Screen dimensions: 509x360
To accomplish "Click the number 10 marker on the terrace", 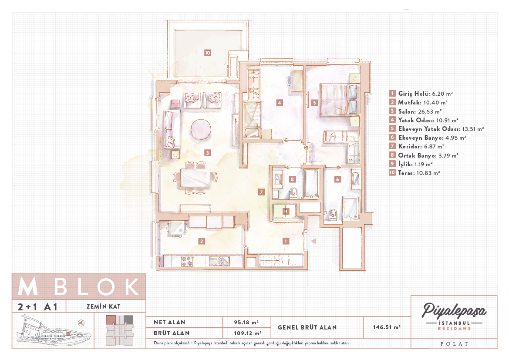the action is [207, 53].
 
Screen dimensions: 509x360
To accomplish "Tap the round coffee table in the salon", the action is [201, 129].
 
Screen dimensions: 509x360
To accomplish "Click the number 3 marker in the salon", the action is [207, 152].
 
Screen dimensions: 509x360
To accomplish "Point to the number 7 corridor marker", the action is [261, 192].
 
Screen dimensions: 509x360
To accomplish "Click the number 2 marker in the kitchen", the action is [202, 241].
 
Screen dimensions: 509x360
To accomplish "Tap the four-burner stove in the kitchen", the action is [187, 261].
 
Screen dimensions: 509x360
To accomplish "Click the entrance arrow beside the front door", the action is [313, 241].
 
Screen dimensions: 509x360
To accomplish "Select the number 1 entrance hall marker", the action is [286, 241].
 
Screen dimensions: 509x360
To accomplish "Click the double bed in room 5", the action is [339, 100].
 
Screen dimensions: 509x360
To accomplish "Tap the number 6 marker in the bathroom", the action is [337, 179].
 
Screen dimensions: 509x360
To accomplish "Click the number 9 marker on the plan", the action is [286, 212].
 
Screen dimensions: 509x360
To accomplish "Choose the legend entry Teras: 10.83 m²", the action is [419, 173].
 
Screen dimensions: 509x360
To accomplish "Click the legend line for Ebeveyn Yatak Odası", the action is [441, 129].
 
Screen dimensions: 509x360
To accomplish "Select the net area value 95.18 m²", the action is [246, 322].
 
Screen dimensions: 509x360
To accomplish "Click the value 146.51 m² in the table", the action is [386, 327].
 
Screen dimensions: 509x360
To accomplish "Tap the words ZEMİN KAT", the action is [103, 306].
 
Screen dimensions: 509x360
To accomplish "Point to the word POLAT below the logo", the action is [454, 344].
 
